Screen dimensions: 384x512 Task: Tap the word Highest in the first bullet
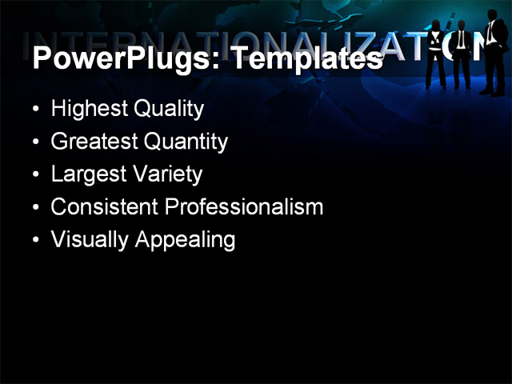(85, 109)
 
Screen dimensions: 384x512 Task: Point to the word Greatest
(94, 142)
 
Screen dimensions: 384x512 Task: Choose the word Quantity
(186, 142)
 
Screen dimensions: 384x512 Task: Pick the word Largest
(86, 174)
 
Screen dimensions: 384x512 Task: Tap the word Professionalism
(244, 206)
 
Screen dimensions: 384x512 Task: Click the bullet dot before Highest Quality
(35, 110)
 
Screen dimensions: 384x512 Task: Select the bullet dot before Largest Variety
(35, 174)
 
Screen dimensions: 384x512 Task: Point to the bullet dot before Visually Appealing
(35, 240)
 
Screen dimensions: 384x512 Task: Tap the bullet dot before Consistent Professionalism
(35, 207)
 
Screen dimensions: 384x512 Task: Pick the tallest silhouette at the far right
(493, 56)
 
